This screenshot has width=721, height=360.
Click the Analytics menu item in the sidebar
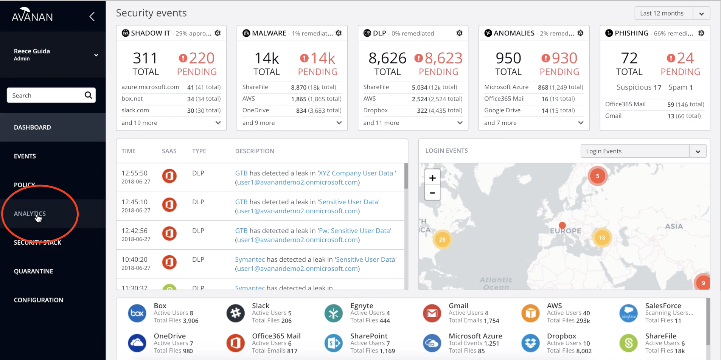(30, 214)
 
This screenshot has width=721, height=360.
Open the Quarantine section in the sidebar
(33, 271)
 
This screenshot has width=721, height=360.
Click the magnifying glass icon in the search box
(88, 95)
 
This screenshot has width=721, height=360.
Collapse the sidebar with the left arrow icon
(92, 16)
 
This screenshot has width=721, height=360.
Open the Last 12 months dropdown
(701, 14)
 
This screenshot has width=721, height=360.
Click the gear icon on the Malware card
(339, 33)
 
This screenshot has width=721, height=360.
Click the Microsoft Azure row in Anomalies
(506, 87)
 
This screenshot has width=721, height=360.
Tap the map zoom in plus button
(432, 178)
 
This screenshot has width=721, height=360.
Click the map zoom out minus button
(432, 192)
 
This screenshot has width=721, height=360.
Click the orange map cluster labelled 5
(597, 176)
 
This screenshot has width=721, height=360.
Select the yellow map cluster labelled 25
(442, 239)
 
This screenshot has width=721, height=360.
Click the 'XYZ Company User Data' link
(356, 173)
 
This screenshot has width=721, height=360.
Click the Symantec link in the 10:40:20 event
(250, 259)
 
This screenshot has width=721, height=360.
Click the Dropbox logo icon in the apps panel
(530, 343)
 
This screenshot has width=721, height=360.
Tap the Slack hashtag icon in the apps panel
(235, 313)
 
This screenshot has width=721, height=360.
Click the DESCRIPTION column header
(255, 151)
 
